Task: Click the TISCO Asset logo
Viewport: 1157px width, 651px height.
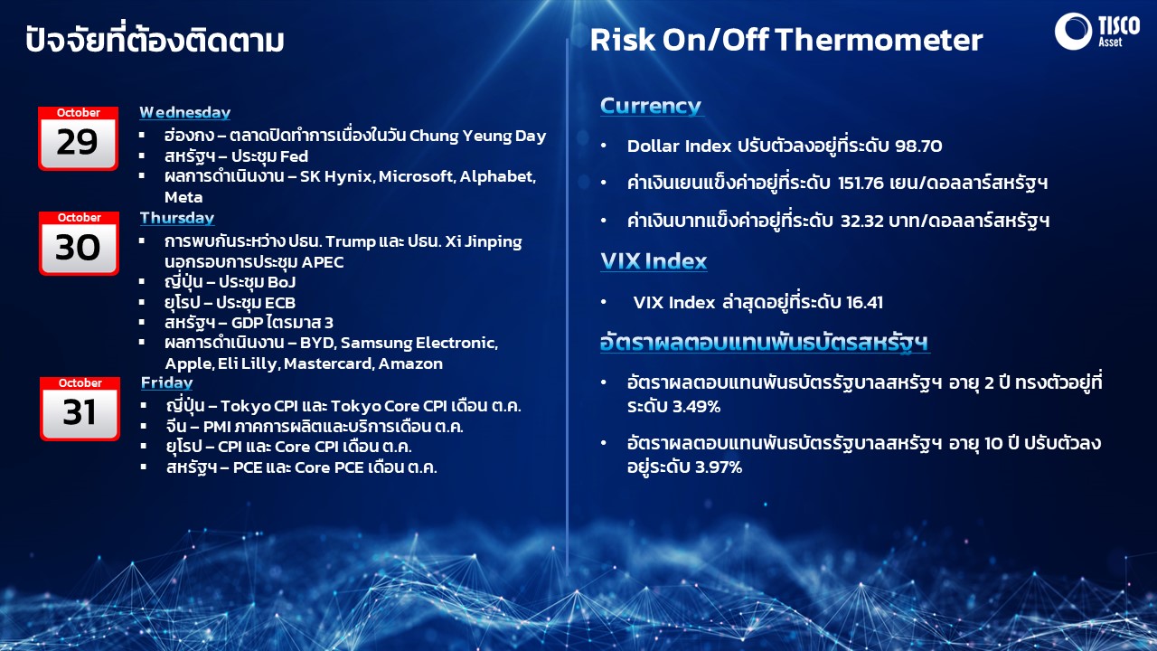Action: coord(1096,31)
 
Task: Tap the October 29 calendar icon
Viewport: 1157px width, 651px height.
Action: coord(79,138)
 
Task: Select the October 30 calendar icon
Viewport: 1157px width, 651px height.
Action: coord(80,243)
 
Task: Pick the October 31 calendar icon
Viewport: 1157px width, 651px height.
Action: coord(80,409)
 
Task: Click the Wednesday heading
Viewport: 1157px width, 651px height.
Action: coord(184,113)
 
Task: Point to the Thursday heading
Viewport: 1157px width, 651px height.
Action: coord(176,218)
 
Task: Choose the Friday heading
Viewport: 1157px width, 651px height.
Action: coord(166,383)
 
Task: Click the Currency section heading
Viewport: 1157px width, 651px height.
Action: coord(651,106)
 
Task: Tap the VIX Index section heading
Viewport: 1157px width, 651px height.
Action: coord(654,261)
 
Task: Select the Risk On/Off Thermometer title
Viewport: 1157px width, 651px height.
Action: coord(785,40)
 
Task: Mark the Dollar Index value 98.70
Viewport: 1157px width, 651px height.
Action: coord(918,146)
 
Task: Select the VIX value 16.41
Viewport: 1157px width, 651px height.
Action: coord(864,302)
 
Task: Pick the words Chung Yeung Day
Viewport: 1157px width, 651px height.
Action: coord(478,136)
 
